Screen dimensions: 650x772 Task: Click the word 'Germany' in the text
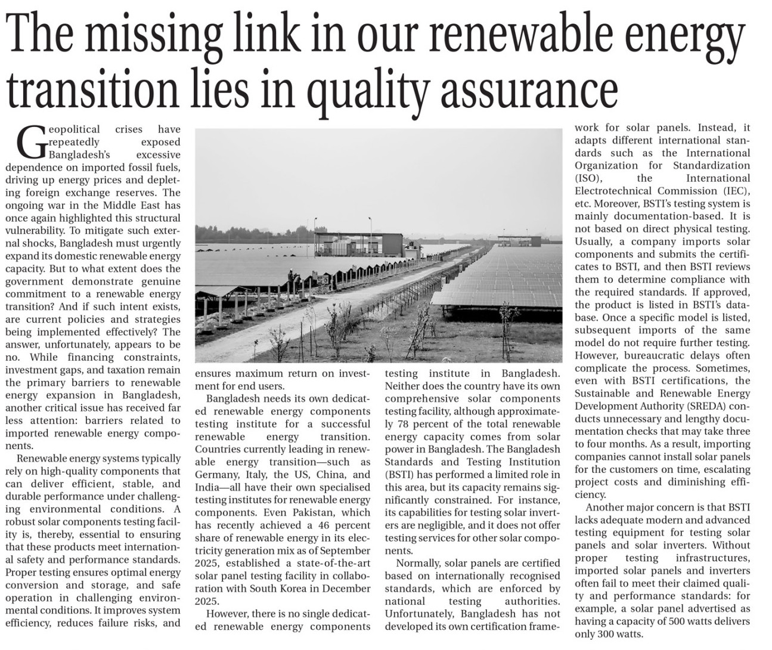pyautogui.click(x=216, y=475)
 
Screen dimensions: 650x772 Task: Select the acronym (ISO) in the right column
pyautogui.click(x=588, y=178)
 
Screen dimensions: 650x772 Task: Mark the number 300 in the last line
pyautogui.click(x=609, y=634)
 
